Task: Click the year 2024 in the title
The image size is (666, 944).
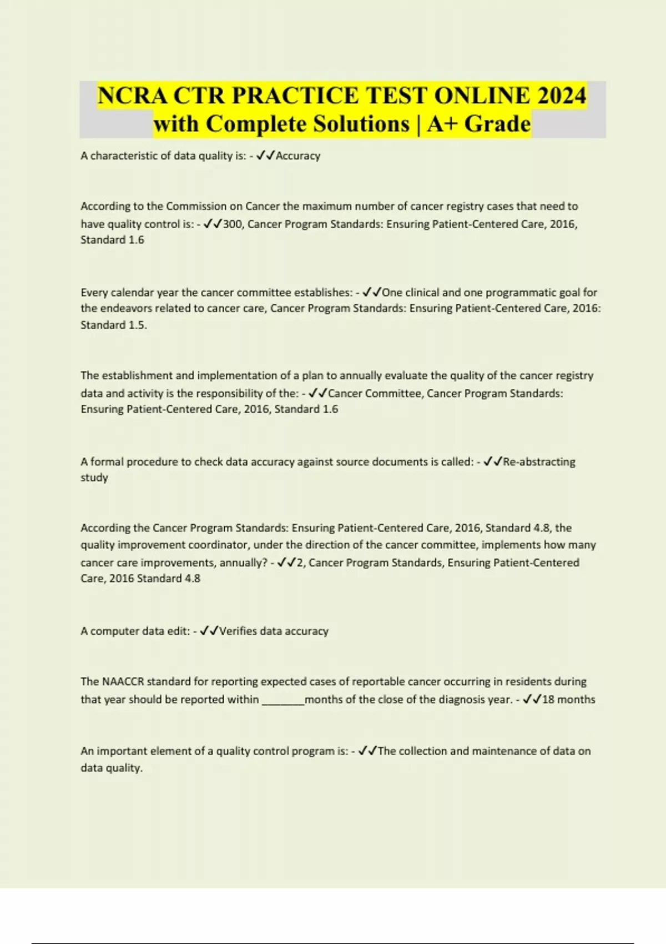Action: [x=561, y=96]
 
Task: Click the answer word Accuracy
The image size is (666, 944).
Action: [x=298, y=156]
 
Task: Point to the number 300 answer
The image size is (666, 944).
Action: [x=233, y=224]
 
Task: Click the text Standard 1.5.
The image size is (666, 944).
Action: [x=113, y=325]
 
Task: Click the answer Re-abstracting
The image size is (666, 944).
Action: [x=539, y=462]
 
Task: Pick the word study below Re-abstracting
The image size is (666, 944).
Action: [x=94, y=478]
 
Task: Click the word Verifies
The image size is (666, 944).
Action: [x=238, y=631]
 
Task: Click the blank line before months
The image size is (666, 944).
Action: [x=283, y=700]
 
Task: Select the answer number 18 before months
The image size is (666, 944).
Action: [x=548, y=700]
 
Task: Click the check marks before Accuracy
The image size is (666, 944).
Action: [x=266, y=156]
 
